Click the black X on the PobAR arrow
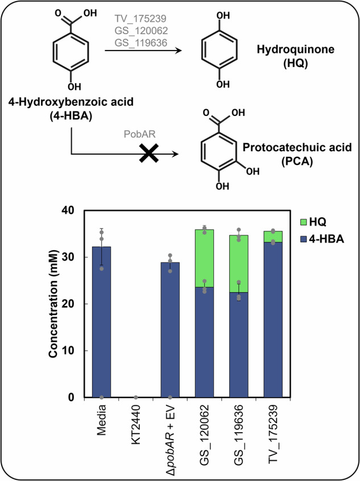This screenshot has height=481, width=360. [149, 154]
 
